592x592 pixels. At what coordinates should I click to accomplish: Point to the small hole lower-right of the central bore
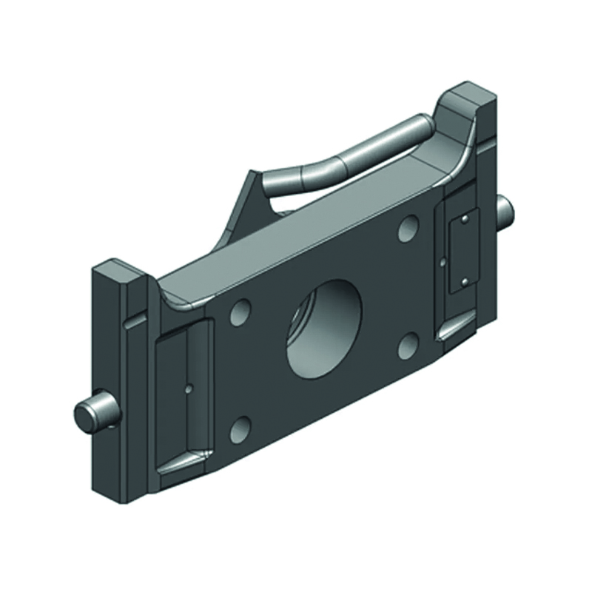[x=408, y=344]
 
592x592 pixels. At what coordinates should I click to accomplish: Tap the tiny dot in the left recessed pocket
[x=189, y=386]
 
